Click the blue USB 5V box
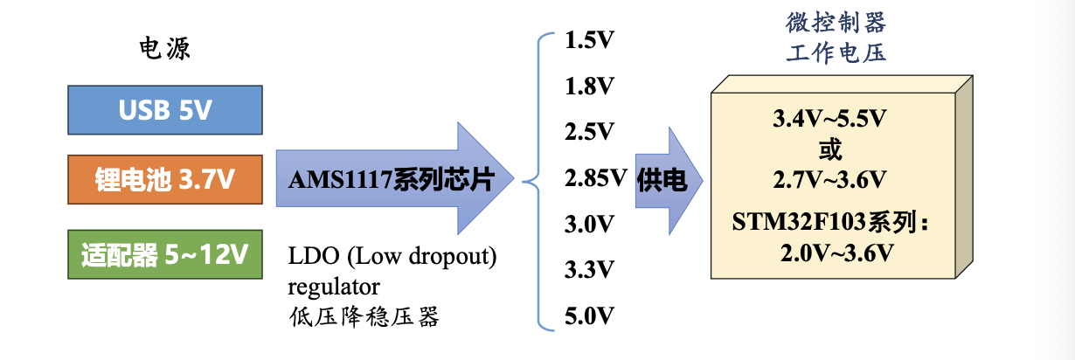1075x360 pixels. [165, 110]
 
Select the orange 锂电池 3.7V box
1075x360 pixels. [165, 179]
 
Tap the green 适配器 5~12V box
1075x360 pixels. [165, 254]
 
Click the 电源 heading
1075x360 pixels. [164, 48]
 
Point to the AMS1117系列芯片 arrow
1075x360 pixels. [395, 178]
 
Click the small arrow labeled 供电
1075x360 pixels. [669, 181]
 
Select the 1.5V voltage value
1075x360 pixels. [589, 40]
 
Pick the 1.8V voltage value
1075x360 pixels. [589, 87]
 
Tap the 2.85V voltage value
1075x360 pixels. [596, 178]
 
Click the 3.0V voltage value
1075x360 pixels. [589, 225]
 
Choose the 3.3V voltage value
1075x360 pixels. [589, 270]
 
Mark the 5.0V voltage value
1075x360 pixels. [589, 315]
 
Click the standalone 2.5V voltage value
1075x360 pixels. [589, 132]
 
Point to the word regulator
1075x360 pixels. [334, 287]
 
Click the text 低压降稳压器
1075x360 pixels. [364, 317]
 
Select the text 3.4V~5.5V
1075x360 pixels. [829, 119]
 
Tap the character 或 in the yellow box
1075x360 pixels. [830, 149]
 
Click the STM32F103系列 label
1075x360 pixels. [825, 222]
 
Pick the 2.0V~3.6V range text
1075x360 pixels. [837, 253]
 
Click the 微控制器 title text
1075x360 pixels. [836, 23]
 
